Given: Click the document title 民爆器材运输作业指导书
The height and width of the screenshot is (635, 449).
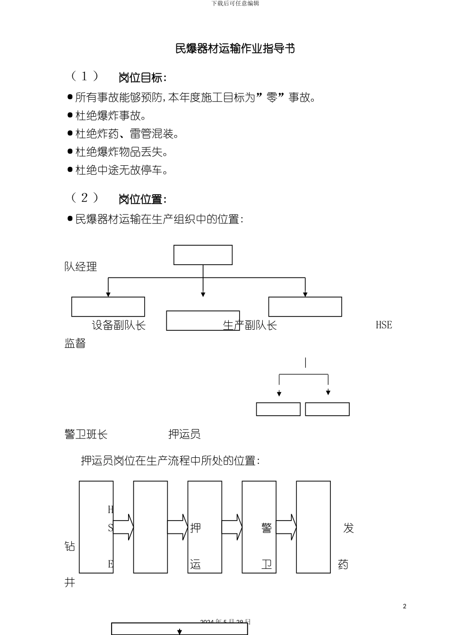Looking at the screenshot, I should [235, 49].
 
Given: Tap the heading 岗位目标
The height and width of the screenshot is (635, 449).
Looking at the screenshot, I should [142, 77].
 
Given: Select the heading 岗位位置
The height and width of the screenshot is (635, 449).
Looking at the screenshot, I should [142, 199].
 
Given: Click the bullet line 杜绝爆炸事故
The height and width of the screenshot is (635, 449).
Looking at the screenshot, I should [111, 116].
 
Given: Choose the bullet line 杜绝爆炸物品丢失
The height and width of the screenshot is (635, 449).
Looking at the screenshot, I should [121, 152].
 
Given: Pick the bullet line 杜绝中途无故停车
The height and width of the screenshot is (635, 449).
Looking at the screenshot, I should [121, 170].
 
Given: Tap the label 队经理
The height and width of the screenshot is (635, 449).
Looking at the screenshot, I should [81, 267].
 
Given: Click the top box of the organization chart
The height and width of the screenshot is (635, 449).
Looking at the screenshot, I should [203, 255].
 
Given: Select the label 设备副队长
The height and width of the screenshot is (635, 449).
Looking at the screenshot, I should [119, 326].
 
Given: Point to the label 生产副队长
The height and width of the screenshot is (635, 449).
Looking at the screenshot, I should [250, 326].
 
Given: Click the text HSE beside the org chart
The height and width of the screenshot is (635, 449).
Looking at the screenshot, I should [384, 325].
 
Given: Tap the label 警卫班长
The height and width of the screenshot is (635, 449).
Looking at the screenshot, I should [86, 434].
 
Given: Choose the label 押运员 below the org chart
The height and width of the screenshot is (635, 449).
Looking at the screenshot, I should [184, 434].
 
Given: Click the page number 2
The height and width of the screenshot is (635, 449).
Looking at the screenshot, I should [405, 606].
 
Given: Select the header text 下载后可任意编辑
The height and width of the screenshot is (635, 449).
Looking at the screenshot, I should [235, 3].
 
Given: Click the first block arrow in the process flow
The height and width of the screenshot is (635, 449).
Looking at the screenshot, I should [123, 527].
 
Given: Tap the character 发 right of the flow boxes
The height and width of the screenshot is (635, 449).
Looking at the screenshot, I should [348, 528].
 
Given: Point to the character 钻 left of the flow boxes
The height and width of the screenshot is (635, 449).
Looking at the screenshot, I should [70, 546].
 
